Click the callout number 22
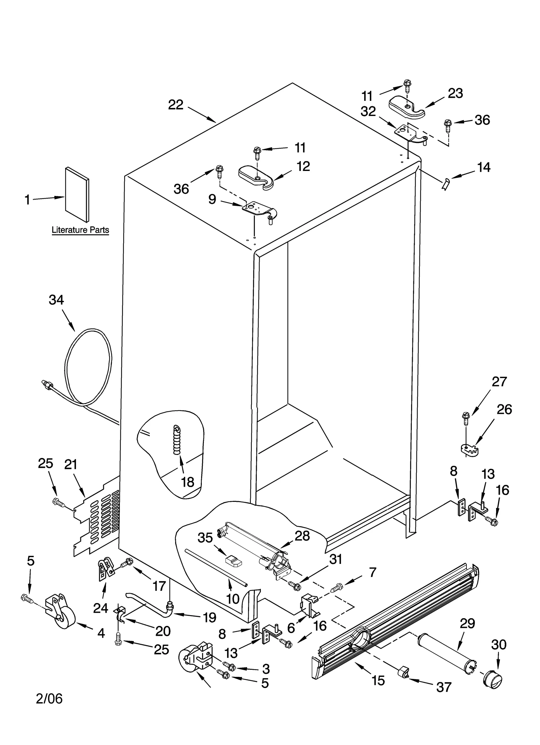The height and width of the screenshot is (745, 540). click(175, 105)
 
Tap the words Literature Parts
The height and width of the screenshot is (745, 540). click(80, 230)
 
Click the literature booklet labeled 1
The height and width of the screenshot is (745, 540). click(78, 195)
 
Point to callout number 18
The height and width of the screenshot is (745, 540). click(188, 482)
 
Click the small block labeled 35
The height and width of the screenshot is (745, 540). click(234, 560)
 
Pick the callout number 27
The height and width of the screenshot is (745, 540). click(499, 381)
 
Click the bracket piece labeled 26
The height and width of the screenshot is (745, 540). click(470, 449)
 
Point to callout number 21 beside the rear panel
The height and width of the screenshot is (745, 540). click(71, 465)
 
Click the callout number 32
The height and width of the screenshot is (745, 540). click(368, 111)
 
